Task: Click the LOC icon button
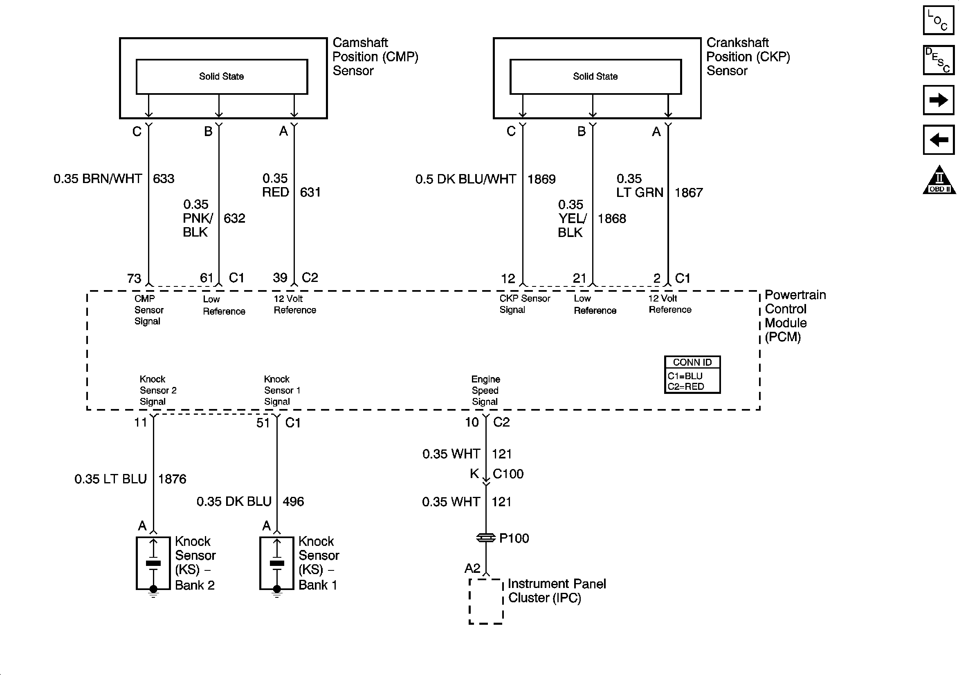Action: (938, 20)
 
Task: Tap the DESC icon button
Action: (938, 60)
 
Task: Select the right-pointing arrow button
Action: (938, 100)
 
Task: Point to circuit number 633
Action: (163, 179)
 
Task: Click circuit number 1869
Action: (541, 179)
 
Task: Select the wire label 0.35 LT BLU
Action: (110, 479)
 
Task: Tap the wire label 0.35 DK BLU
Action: (234, 501)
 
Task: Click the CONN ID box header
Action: (692, 362)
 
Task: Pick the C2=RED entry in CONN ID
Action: (686, 387)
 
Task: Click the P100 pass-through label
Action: (514, 538)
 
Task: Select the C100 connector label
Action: (508, 474)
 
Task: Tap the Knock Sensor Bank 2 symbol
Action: (153, 563)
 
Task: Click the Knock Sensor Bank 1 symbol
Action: (277, 563)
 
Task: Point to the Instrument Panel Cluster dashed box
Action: (486, 601)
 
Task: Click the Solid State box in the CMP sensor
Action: (222, 77)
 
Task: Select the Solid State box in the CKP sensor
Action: (595, 77)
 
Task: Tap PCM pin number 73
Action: (134, 278)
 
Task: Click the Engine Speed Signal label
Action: (485, 390)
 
